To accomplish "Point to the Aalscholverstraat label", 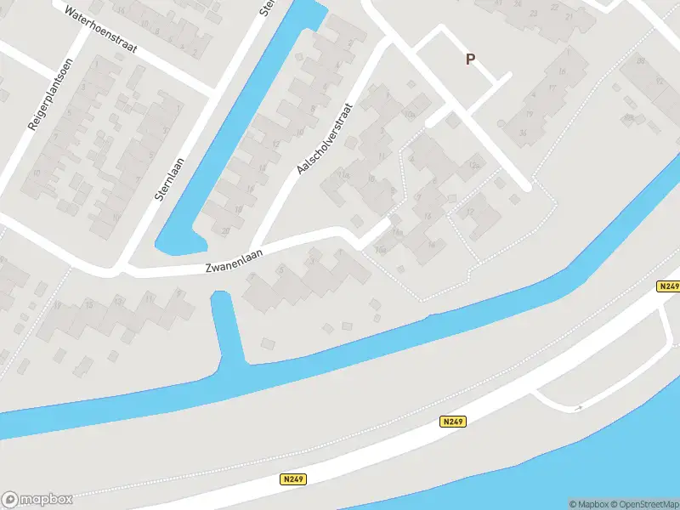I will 323,140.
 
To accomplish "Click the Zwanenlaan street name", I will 235,260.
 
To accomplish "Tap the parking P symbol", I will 470,59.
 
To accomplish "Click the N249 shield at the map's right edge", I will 668,287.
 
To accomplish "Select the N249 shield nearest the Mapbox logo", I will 292,479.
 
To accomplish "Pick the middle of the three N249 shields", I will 453,421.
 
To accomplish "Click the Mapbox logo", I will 37,500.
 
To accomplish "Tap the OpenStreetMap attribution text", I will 646,504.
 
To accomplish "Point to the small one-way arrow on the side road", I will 578,408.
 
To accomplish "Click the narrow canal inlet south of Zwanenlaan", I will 228,327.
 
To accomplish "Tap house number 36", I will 522,133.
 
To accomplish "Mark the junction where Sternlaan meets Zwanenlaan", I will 121,269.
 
